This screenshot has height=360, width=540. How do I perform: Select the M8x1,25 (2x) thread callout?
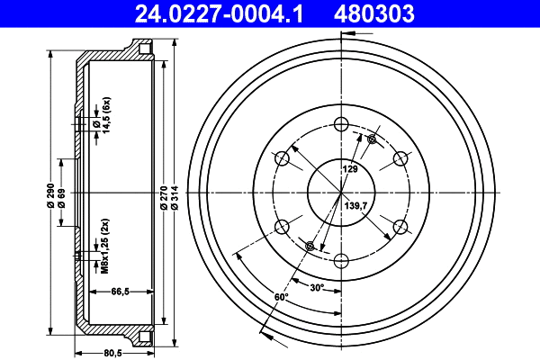click(x=105, y=246)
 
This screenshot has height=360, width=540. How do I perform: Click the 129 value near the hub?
click(x=351, y=168)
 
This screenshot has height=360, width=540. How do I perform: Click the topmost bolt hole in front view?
click(x=341, y=124)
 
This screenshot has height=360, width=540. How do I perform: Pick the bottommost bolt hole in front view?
click(x=341, y=260)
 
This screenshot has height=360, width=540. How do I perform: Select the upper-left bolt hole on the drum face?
click(x=282, y=159)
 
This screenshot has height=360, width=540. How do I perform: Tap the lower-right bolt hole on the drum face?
click(x=400, y=226)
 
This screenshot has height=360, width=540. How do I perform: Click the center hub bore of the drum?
click(x=341, y=192)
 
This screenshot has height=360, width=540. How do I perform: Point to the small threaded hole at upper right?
click(x=372, y=139)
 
